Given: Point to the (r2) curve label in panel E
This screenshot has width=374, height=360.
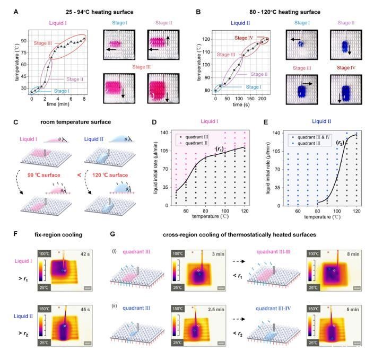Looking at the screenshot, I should click(343, 143).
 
